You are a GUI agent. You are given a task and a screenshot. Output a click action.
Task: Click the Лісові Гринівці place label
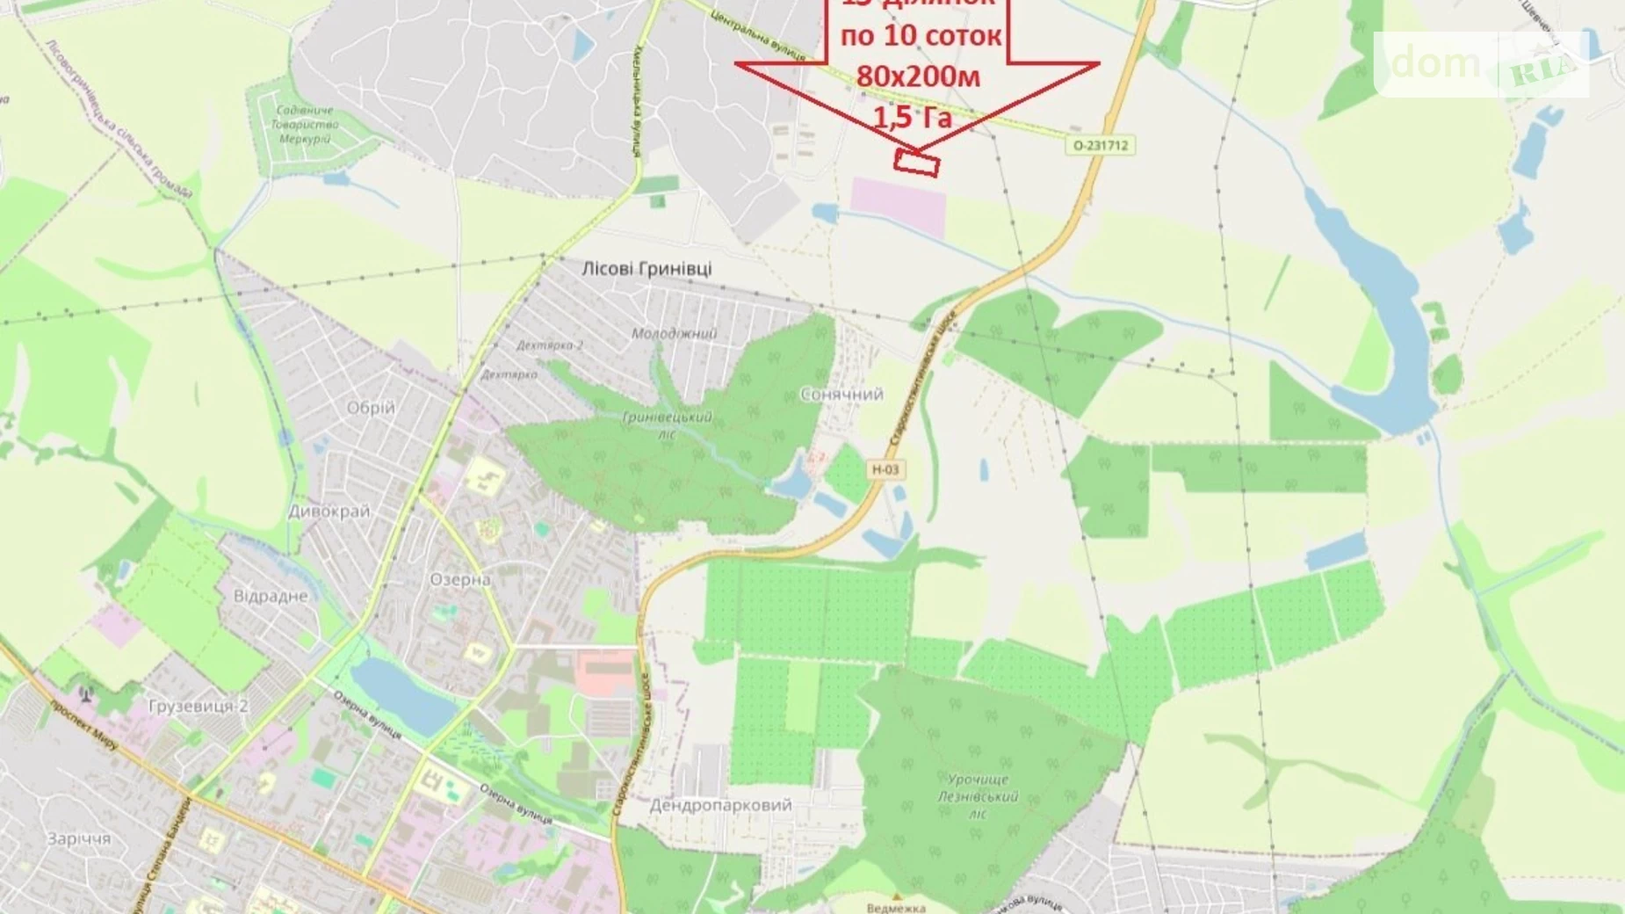[646, 268]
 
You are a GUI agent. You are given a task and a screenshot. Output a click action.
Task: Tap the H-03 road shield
[885, 469]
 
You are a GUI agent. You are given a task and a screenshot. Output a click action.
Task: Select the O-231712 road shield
[1101, 145]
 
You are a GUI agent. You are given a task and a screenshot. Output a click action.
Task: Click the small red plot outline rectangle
[916, 163]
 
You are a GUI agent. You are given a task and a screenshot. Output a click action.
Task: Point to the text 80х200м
[918, 76]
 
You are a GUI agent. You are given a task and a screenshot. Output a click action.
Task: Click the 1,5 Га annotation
[913, 117]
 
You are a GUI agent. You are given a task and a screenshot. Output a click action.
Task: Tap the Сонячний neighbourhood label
[841, 395]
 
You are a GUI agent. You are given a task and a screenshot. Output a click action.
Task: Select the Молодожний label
[674, 334]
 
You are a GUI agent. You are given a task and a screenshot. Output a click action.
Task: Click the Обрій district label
[371, 408]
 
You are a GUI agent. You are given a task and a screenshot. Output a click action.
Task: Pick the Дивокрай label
[329, 511]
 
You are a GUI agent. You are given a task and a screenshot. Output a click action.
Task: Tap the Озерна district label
[460, 580]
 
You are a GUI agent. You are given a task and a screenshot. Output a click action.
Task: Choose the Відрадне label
[271, 596]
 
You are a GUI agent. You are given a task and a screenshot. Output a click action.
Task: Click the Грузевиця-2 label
[199, 706]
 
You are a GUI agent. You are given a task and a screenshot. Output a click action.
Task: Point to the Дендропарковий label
[720, 805]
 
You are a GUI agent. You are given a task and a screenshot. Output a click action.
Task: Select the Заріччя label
[79, 838]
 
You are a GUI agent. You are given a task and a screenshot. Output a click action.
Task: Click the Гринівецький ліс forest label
[667, 424]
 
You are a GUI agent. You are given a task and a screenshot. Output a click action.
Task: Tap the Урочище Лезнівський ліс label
[978, 796]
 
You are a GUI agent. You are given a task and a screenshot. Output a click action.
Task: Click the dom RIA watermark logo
[1481, 64]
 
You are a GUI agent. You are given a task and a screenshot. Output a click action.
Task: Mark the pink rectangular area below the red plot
[898, 207]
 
